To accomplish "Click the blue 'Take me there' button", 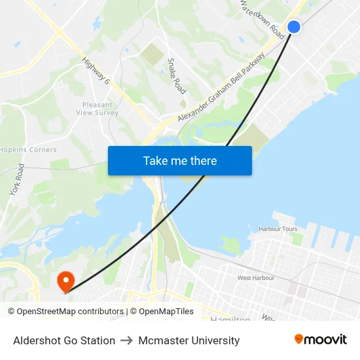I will click(180, 160).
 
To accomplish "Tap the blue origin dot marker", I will click(294, 27).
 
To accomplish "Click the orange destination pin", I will click(65, 281).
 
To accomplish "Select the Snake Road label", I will click(177, 75).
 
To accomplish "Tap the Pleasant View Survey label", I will click(97, 109).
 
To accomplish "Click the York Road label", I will click(16, 179).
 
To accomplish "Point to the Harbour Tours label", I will click(278, 229).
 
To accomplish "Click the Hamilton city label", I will click(230, 319).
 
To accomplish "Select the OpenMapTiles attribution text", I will click(166, 312).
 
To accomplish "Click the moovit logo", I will click(320, 340).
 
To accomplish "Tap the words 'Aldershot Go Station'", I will click(64, 340).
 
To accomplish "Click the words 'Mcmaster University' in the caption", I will click(189, 340).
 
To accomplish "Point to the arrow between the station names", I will click(127, 340).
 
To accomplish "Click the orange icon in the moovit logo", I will click(299, 339).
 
